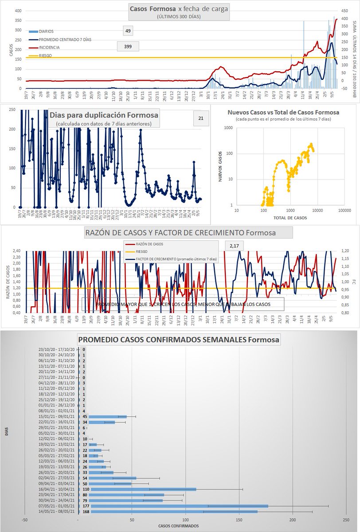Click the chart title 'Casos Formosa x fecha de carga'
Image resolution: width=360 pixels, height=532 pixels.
(x=179, y=8)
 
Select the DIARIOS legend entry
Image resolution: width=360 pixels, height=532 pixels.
(x=46, y=31)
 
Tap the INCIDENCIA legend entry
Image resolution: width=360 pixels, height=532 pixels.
(x=49, y=47)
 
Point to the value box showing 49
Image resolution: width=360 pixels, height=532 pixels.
(x=128, y=31)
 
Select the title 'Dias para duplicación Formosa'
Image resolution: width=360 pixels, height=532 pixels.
(x=103, y=115)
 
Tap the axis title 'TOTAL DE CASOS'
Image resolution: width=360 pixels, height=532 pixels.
(x=290, y=218)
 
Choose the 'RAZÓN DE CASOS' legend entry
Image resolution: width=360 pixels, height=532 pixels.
(x=149, y=243)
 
